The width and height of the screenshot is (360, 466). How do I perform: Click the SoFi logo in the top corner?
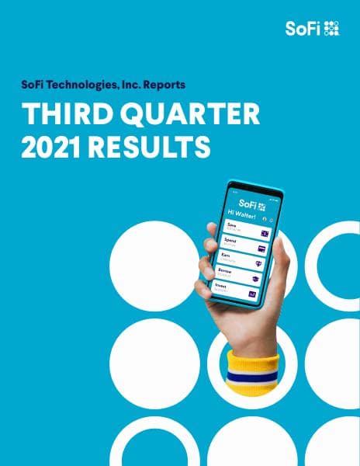pyautogui.click(x=312, y=29)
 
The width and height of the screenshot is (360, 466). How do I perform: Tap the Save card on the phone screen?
pyautogui.click(x=244, y=229)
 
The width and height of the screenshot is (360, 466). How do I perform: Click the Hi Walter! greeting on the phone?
pyautogui.click(x=242, y=212)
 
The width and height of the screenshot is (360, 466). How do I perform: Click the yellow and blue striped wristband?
pyautogui.click(x=251, y=368)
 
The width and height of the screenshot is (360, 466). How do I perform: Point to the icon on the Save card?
pyautogui.click(x=264, y=232)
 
